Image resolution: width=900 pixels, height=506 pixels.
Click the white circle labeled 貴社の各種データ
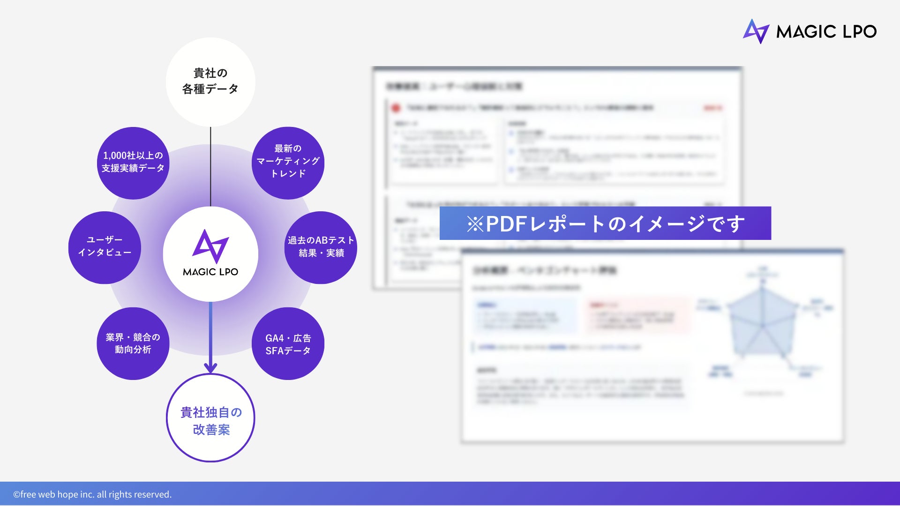tap(210, 82)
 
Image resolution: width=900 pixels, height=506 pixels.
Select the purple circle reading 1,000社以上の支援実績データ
tap(133, 163)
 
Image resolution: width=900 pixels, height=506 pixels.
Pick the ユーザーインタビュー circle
tap(105, 247)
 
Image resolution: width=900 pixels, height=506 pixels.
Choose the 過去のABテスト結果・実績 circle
tap(321, 247)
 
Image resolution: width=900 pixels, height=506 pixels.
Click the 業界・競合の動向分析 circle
tap(133, 343)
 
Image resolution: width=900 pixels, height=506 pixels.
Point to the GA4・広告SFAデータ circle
tap(288, 343)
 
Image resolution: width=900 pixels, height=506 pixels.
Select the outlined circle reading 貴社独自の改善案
tap(210, 418)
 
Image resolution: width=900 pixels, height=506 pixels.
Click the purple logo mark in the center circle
tap(210, 246)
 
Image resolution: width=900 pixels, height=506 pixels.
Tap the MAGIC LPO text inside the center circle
tap(210, 272)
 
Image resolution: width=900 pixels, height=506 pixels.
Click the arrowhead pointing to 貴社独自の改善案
tap(210, 367)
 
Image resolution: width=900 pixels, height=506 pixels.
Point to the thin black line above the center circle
tap(210, 166)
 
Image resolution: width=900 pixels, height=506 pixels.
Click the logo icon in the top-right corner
tap(756, 31)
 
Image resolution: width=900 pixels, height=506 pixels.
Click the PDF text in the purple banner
tap(506, 223)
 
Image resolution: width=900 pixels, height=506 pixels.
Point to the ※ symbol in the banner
tap(475, 224)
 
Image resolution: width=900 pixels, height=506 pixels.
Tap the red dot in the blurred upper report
tap(396, 108)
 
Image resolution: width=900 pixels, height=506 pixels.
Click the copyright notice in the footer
tap(92, 494)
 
